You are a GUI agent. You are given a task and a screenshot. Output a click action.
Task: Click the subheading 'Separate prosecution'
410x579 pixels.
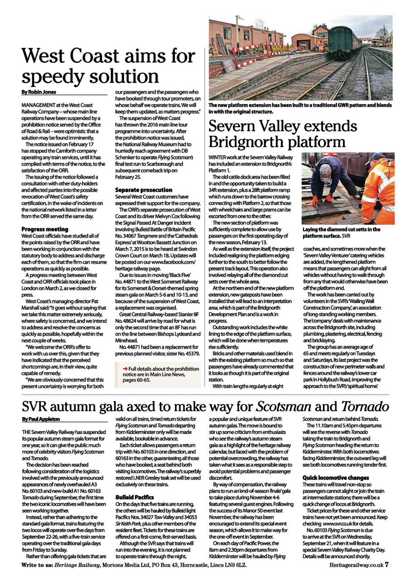144,190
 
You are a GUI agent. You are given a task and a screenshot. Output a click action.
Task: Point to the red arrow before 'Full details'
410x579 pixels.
125,369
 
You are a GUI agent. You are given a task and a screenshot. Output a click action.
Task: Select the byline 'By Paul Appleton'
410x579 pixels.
40,419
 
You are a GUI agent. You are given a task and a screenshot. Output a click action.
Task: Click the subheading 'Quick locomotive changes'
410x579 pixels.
336,478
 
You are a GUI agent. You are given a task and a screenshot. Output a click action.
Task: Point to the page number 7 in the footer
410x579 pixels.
387,565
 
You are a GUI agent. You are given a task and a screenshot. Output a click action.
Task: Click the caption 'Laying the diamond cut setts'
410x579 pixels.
341,229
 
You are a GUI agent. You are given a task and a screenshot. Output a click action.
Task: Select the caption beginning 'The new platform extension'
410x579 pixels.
300,108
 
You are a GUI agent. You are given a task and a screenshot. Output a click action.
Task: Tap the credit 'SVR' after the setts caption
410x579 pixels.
346,236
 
